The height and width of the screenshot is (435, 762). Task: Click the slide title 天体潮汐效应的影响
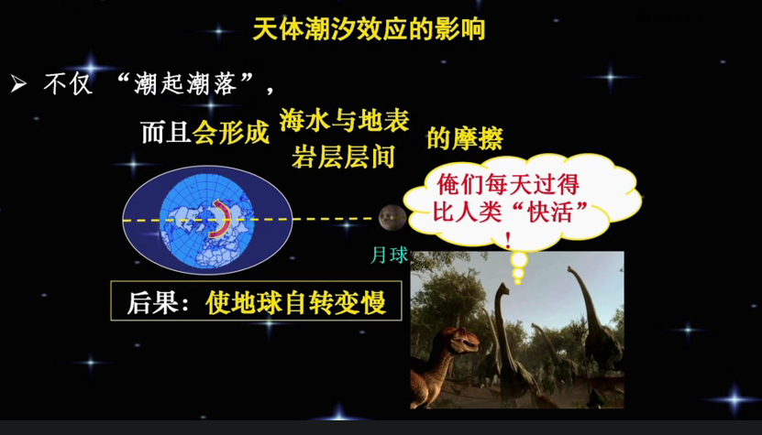(369, 29)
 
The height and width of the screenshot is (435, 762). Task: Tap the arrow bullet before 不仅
(18, 85)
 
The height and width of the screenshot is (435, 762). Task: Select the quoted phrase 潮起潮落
(184, 84)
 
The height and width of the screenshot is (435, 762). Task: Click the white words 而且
(166, 132)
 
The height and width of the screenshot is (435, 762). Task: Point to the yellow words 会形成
(231, 132)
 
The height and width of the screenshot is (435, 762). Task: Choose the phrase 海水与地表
(344, 121)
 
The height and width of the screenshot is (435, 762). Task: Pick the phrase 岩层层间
(343, 158)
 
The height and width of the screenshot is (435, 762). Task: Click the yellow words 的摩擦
(465, 138)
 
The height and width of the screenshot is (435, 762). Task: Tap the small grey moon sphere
(392, 218)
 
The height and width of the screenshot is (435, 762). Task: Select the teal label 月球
(389, 256)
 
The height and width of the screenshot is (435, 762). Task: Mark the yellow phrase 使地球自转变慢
(295, 303)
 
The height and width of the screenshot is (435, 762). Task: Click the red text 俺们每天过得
(508, 184)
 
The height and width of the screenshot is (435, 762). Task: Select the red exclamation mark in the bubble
(508, 240)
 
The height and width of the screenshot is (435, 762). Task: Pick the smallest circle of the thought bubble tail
(518, 281)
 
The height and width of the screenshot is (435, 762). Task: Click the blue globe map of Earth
(207, 221)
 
